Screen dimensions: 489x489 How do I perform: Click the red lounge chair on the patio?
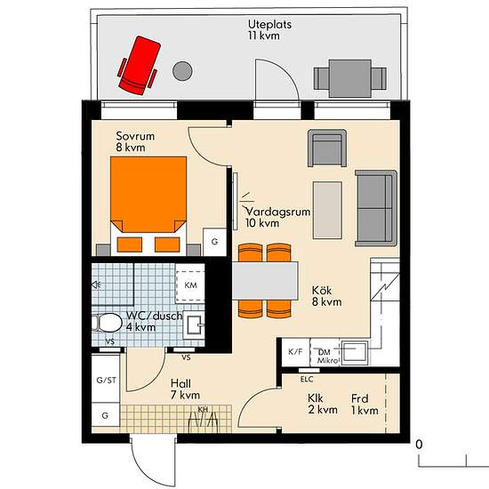click(138, 66)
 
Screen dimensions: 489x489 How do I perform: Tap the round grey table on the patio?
click(182, 71)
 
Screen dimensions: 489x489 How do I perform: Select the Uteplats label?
click(269, 24)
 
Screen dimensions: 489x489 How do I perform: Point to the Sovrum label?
click(135, 136)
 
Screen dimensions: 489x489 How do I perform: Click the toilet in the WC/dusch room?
click(107, 323)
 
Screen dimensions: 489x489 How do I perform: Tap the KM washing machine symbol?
click(190, 285)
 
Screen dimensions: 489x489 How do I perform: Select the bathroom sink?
click(194, 325)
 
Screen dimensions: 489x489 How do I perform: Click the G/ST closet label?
click(106, 381)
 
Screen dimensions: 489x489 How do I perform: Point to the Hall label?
click(180, 383)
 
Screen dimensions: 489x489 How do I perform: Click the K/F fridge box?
click(295, 352)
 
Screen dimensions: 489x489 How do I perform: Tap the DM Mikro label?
click(327, 357)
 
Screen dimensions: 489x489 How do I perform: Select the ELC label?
click(307, 380)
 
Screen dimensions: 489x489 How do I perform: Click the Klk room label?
click(316, 398)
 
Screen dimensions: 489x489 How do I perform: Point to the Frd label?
click(359, 398)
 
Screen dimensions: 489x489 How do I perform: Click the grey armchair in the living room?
click(327, 148)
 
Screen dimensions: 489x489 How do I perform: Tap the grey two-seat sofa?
click(376, 208)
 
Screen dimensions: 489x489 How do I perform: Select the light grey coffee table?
click(327, 210)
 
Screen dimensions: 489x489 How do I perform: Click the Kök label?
click(322, 291)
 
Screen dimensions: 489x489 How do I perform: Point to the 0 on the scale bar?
click(419, 445)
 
